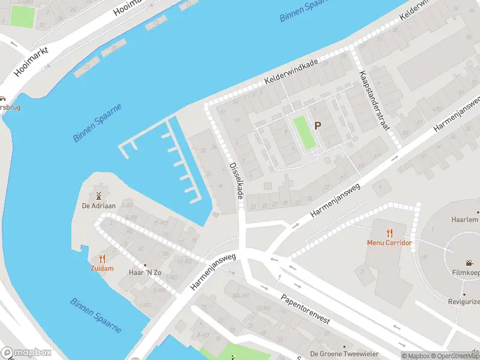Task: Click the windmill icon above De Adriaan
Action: click(98, 196)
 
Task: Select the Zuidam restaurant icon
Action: click(102, 259)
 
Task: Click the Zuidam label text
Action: click(102, 269)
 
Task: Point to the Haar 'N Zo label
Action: click(145, 272)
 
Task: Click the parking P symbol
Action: click(318, 126)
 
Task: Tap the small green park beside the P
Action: click(304, 133)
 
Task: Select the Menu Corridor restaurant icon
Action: click(389, 232)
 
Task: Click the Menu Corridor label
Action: click(389, 243)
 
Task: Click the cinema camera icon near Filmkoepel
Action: click(468, 263)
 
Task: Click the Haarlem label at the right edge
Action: click(465, 220)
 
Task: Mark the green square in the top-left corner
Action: click(22, 16)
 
